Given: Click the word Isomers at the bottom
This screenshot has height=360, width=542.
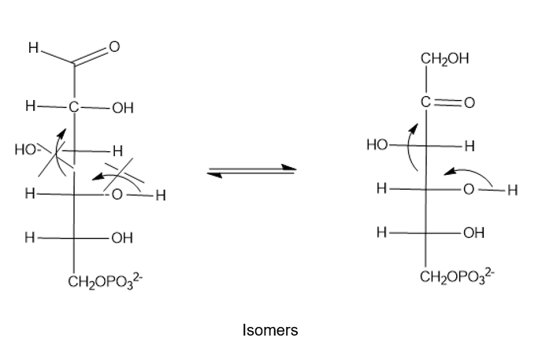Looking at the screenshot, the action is coord(270,330).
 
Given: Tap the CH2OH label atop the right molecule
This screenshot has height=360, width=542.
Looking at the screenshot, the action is coord(445,59).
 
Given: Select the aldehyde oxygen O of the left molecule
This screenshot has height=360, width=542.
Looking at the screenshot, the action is coord(114,46).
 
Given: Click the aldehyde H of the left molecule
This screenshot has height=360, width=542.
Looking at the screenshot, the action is coord(33,48).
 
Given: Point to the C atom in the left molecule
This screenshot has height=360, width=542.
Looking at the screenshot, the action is coord(73,107).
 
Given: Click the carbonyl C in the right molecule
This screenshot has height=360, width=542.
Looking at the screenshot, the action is coord(426,102).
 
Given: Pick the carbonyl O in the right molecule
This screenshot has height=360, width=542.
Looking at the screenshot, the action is coord(470,102).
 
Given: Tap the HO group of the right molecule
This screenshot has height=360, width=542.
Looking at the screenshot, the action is coord(377,144).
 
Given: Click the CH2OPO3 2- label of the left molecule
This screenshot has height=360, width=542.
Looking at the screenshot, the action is coord(106,281).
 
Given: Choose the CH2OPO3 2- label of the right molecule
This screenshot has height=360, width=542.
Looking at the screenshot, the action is coord(457,276).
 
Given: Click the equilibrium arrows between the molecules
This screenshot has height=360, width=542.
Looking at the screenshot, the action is coord(251,171).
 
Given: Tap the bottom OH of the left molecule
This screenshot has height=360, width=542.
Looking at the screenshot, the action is coord(122,238).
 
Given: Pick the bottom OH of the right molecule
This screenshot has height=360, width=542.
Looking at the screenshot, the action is coord(474,233).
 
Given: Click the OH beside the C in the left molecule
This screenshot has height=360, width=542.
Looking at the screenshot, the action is coord(123,108).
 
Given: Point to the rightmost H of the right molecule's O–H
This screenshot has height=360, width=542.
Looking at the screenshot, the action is coord(513,190).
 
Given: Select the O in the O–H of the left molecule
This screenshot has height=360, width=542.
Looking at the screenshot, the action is coord(117,195).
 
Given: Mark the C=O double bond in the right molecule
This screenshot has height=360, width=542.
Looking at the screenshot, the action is coord(447,102).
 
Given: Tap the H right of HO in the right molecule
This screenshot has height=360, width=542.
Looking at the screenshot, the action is coord(470,147).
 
